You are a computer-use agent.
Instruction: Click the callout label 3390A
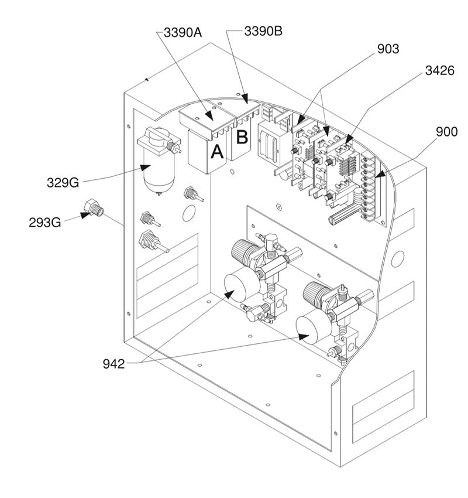pyautogui.click(x=183, y=32)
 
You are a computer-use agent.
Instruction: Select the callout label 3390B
pyautogui.click(x=263, y=30)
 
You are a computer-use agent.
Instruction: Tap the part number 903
pyautogui.click(x=387, y=49)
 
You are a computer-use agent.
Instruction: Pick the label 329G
pyautogui.click(x=63, y=182)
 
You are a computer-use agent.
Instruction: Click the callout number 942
pyautogui.click(x=113, y=364)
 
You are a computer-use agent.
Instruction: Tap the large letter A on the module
pyautogui.click(x=217, y=152)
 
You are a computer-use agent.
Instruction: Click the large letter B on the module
pyautogui.click(x=242, y=138)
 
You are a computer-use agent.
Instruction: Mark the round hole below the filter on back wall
pyautogui.click(x=188, y=213)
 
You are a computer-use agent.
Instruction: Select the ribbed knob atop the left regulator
pyautogui.click(x=243, y=251)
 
